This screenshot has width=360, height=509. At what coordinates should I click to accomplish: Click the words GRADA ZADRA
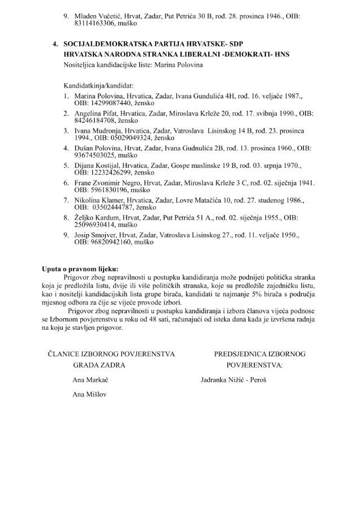click(99, 365)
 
